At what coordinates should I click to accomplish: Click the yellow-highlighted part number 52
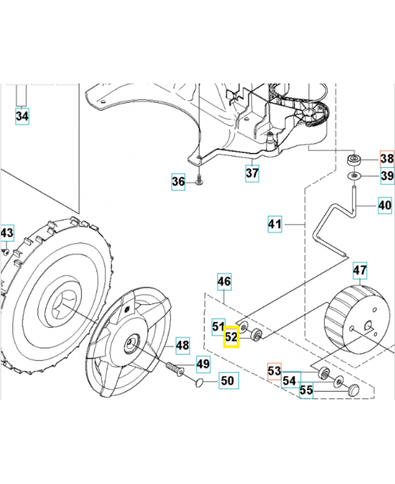coord(231,336)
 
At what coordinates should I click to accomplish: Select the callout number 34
coord(22,116)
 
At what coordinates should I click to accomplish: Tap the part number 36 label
coord(178,181)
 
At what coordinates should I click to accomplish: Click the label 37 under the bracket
coord(252,173)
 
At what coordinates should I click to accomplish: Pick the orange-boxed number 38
coord(387,159)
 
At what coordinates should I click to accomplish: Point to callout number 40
coord(385,205)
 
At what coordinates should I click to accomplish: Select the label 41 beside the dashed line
coord(275,224)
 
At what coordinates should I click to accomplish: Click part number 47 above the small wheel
coord(360,270)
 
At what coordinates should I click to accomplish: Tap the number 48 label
coord(183,345)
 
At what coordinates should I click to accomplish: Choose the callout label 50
coord(228,381)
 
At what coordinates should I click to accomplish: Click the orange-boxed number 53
coord(274,371)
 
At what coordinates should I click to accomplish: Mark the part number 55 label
coord(307,390)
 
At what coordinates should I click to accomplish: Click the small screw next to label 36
coord(199,180)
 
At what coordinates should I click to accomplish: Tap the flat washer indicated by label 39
coord(354,176)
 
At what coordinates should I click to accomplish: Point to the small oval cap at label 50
coord(200,383)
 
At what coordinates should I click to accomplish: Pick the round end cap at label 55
coord(354,390)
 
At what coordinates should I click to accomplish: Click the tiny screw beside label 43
coord(6,252)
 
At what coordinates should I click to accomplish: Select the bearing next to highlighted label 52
coord(256,335)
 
